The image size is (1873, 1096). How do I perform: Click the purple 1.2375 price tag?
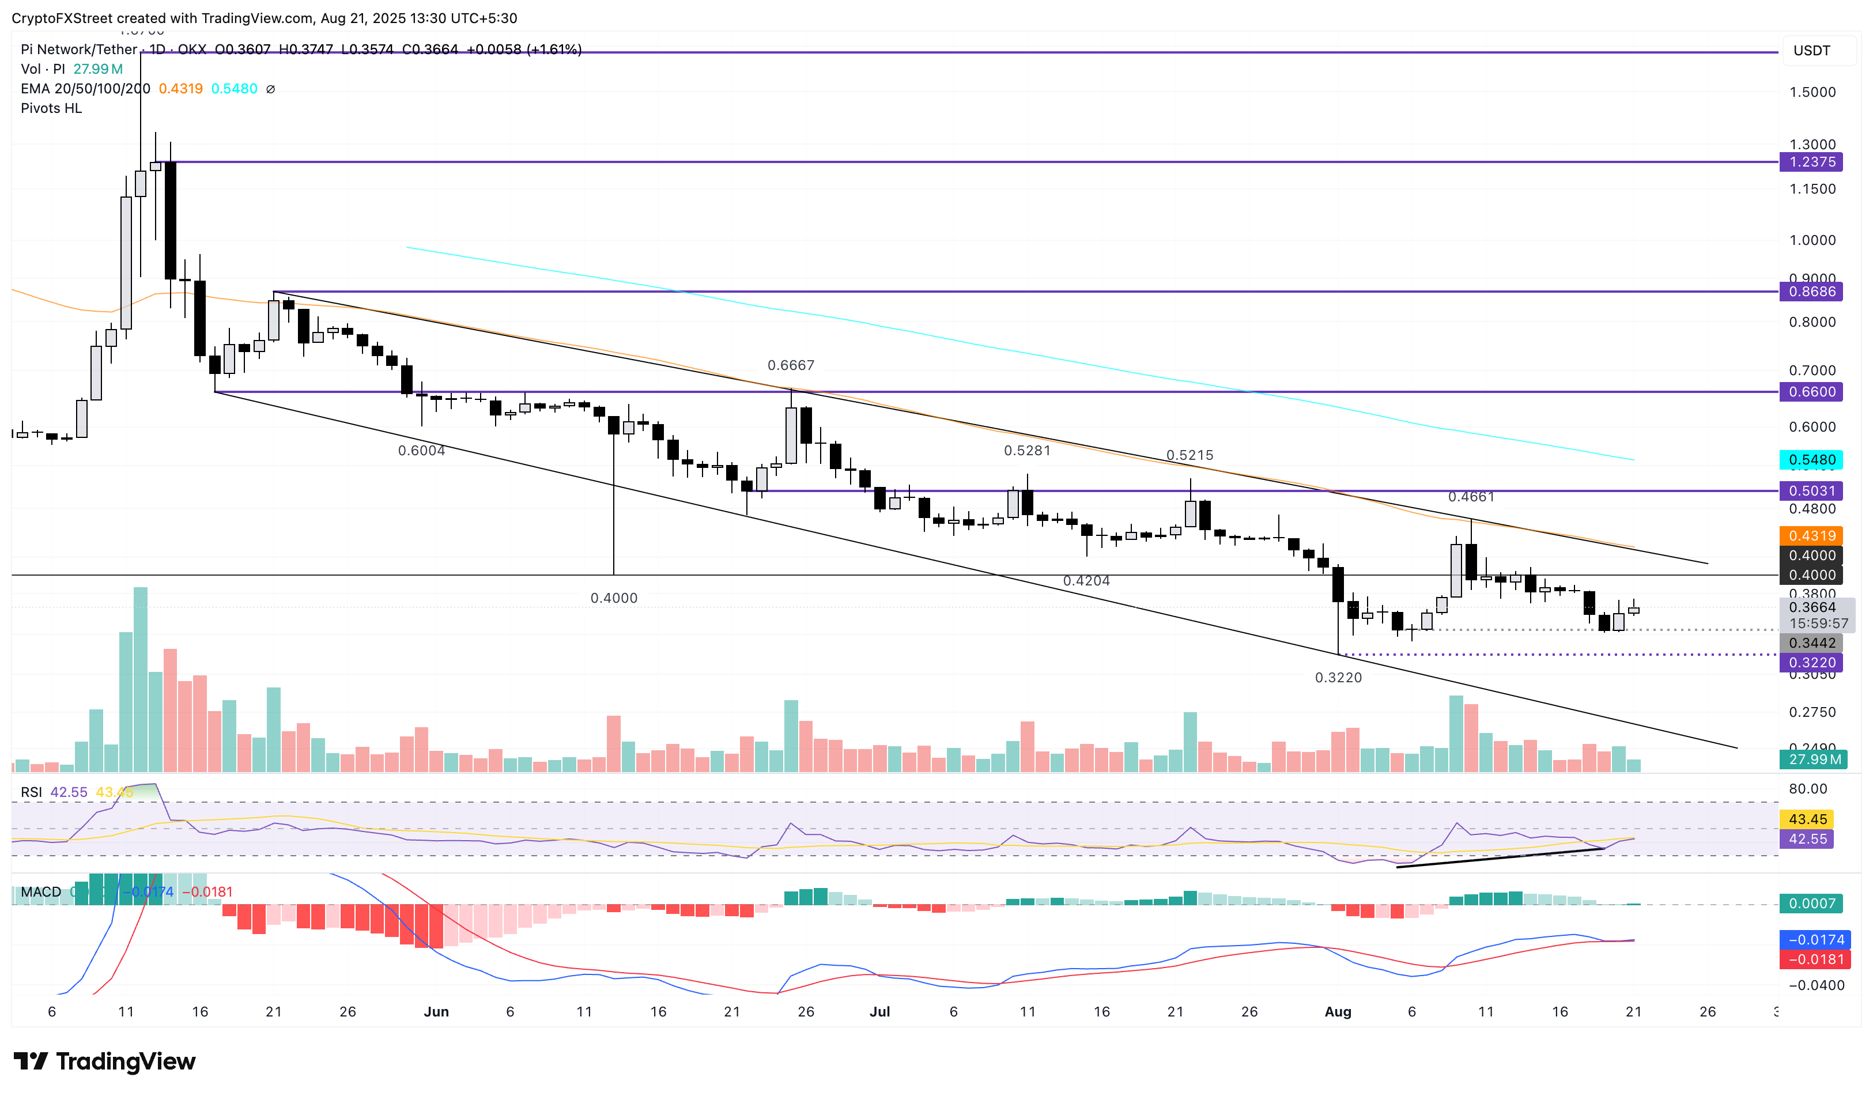point(1811,162)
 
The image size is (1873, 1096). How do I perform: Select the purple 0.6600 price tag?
point(1811,392)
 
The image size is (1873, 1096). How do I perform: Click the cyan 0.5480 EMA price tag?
point(1811,460)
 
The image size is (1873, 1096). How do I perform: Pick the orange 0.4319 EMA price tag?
point(1811,536)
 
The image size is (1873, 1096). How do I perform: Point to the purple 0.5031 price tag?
point(1811,490)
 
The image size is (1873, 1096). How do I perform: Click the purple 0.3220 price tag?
point(1811,663)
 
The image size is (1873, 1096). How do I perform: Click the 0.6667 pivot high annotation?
point(791,365)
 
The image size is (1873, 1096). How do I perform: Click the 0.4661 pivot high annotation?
point(1471,496)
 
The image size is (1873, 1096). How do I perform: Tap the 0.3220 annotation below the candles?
point(1338,678)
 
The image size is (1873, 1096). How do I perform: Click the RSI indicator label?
point(31,793)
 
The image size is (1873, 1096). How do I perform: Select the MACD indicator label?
point(41,891)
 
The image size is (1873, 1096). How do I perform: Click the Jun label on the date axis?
point(436,1012)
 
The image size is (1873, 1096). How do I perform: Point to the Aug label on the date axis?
point(1338,1012)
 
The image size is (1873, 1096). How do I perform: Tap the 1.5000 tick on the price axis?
point(1811,92)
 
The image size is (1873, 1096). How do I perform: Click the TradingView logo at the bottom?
point(105,1061)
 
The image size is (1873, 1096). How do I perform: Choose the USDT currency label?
point(1811,51)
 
